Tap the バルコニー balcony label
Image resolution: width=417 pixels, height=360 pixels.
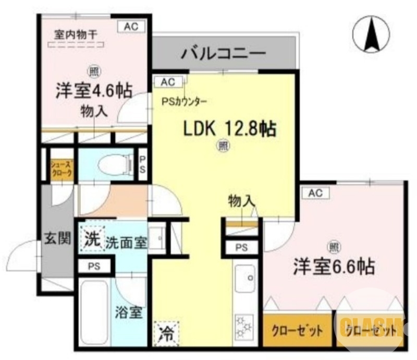pos(224,53)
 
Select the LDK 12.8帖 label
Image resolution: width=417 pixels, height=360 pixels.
pos(228,128)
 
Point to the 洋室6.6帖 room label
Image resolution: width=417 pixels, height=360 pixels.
pos(334,267)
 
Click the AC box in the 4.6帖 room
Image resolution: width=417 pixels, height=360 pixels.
pos(130,27)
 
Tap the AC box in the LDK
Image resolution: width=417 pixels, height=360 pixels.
pos(168,82)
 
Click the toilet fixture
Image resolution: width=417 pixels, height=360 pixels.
pos(113,165)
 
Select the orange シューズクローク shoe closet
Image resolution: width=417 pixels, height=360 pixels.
pos(60,170)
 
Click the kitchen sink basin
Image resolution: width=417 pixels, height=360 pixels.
pos(244,279)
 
